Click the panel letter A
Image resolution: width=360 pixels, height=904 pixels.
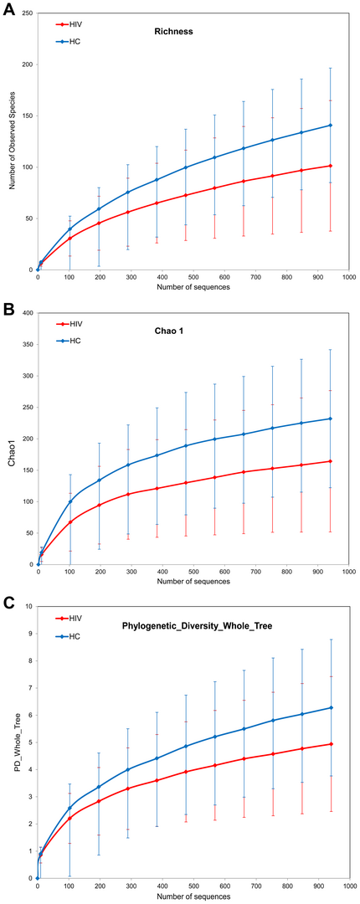[x=8, y=10]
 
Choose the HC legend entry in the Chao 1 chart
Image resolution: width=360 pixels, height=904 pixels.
[x=69, y=341]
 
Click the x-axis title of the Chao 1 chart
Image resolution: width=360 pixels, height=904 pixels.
[x=192, y=581]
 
